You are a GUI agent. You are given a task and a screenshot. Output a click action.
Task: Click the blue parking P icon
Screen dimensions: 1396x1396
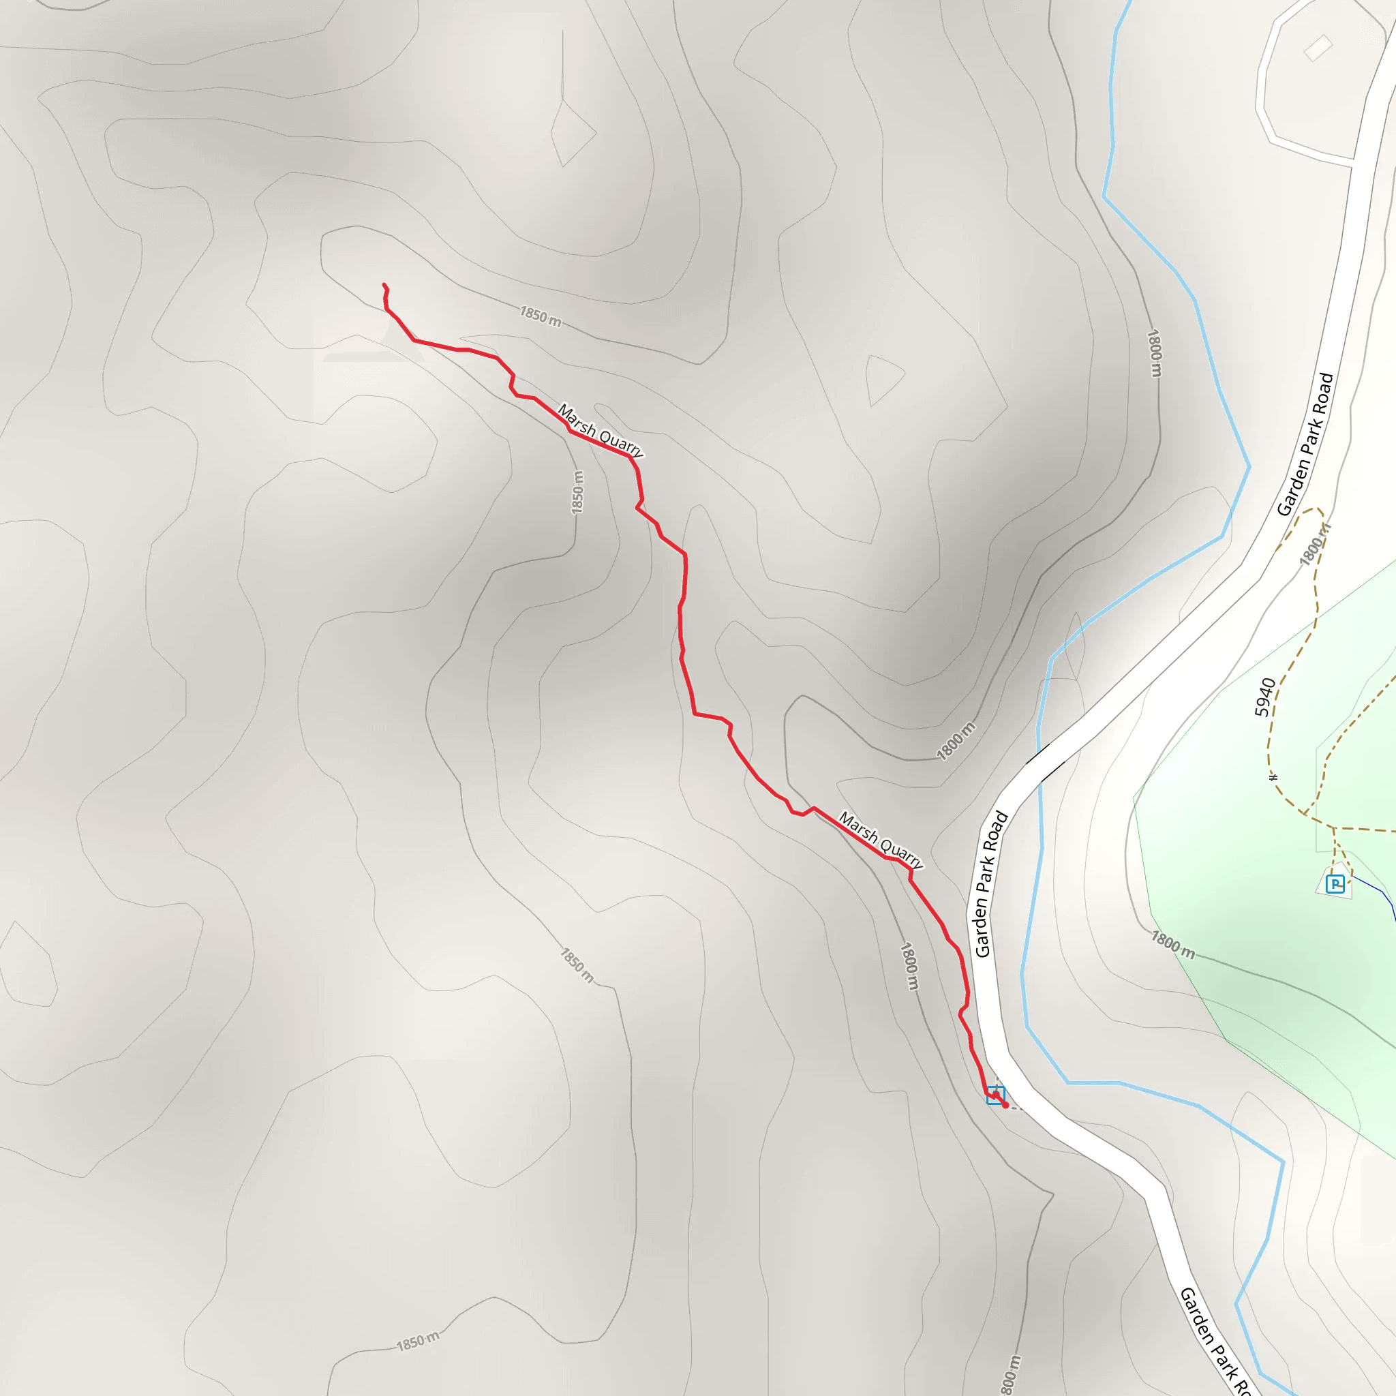pos(1335,883)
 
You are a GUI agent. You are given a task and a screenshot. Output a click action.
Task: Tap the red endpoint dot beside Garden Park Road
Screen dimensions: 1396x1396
pos(1005,1105)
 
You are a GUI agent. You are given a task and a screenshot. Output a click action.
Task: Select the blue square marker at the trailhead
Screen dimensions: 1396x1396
pos(995,1095)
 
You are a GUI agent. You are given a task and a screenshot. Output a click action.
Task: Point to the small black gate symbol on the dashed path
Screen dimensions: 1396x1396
pos(1274,778)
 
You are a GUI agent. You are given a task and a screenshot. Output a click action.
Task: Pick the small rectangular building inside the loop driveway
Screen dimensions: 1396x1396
pos(1318,48)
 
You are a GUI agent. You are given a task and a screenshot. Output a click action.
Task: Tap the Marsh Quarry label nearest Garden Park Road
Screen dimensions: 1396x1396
pos(880,839)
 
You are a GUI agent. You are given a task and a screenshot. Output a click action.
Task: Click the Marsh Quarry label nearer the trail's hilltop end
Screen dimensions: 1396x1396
pos(600,431)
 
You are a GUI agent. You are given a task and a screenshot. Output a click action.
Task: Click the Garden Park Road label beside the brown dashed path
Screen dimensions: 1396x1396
pos(1305,444)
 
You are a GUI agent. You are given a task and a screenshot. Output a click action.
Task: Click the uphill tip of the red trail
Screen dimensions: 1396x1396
pos(384,285)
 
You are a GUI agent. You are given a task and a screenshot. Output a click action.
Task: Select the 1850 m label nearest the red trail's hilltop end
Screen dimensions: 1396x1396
pos(541,316)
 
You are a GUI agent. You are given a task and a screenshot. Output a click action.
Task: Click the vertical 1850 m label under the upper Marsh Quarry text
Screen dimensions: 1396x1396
pos(577,493)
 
